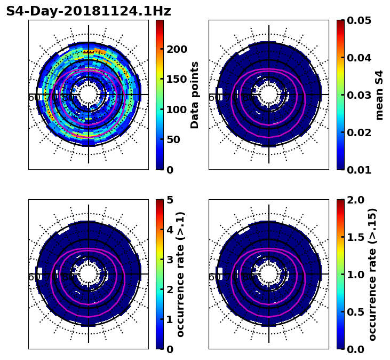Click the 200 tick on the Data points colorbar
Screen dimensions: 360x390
[177, 49]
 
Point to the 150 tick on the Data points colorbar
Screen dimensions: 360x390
[177, 79]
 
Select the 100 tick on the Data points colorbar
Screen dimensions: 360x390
[177, 109]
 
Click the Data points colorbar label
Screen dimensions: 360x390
[195, 95]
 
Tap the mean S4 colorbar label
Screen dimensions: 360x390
[379, 95]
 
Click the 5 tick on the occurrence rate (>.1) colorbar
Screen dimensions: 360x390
[170, 200]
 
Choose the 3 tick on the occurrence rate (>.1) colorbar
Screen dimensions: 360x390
[170, 260]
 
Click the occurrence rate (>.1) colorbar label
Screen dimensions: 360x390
[181, 275]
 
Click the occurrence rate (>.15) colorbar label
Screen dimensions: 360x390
[372, 275]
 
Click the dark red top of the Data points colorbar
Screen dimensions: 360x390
[160, 22]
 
